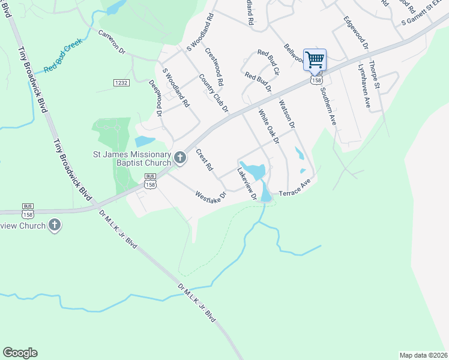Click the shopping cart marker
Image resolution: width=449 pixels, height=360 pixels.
315,60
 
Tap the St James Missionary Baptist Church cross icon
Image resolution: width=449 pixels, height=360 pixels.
180,158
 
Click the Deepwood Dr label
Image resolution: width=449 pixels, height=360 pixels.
155,98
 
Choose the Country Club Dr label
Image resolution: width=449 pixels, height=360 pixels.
214,94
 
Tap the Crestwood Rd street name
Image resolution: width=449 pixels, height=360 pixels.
214,66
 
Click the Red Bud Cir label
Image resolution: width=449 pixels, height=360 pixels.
269,62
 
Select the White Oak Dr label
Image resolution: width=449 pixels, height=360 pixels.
269,127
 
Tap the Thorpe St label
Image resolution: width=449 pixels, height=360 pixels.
375,75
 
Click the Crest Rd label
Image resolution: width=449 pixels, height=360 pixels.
205,161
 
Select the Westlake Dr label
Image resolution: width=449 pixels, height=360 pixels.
210,196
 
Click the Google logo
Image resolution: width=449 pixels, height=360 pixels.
20,353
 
